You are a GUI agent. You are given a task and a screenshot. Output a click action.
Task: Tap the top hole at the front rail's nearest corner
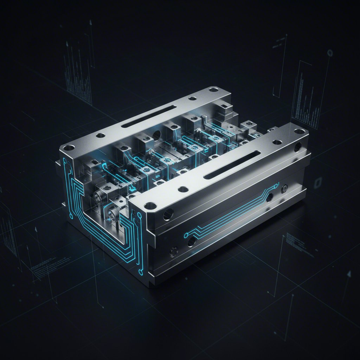coord(150,205)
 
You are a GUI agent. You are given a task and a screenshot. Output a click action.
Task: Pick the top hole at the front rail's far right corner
coord(299,131)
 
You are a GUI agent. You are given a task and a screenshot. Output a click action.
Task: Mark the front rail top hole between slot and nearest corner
coord(183,189)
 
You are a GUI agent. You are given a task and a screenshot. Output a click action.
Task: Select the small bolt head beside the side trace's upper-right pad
coord(284,187)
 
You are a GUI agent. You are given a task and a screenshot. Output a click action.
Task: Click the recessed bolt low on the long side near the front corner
coord(173,251)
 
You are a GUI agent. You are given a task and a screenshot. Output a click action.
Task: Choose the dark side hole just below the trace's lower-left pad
coord(192,241)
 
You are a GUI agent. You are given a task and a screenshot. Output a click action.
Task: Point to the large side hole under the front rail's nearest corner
coord(168,213)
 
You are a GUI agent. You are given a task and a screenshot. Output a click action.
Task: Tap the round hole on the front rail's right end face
coord(298,146)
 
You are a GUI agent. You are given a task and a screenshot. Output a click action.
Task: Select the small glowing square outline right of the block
coord(319,182)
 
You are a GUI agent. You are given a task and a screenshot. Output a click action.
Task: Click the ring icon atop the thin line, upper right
coord(330,53)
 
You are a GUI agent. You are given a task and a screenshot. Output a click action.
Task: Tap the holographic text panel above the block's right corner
coord(305,95)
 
